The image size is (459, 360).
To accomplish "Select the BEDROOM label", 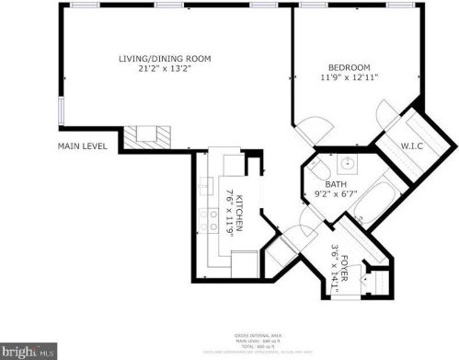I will [350, 67].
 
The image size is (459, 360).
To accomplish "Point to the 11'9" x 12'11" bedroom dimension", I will [350, 77].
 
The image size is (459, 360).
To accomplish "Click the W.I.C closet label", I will [411, 145].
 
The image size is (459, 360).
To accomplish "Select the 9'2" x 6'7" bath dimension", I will [336, 194].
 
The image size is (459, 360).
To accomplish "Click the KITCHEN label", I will [238, 214].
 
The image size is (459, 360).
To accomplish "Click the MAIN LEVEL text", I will [83, 145].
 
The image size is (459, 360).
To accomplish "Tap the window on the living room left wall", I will [61, 109].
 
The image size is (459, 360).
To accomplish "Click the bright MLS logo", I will [28, 351].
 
